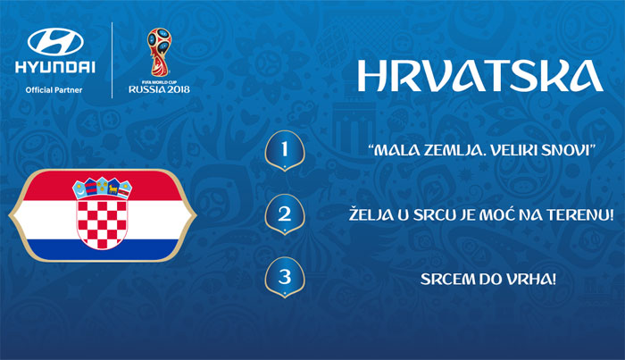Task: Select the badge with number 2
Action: (285, 214)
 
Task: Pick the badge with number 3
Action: (285, 278)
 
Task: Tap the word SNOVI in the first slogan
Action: (571, 151)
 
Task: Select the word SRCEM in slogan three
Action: (444, 280)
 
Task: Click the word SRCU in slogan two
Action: (439, 215)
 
